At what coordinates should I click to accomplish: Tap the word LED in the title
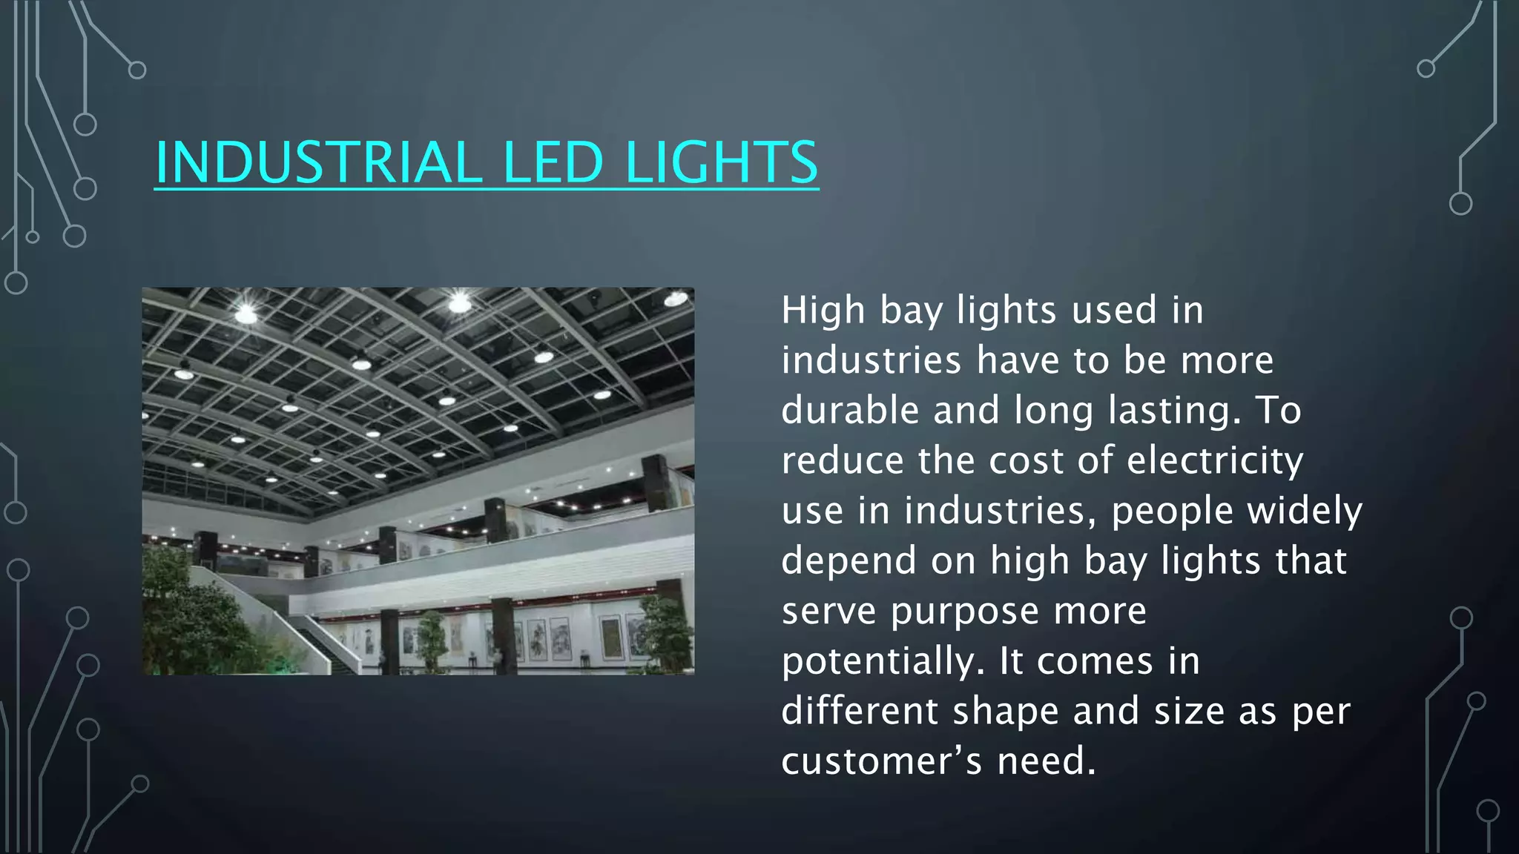pyautogui.click(x=553, y=162)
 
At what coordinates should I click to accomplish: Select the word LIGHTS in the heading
pyautogui.click(x=721, y=162)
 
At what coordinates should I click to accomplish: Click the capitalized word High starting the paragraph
pyautogui.click(x=823, y=310)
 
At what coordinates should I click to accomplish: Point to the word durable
pyautogui.click(x=850, y=410)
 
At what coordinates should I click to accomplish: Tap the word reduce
pyautogui.click(x=843, y=460)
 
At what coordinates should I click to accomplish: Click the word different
pyautogui.click(x=860, y=710)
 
